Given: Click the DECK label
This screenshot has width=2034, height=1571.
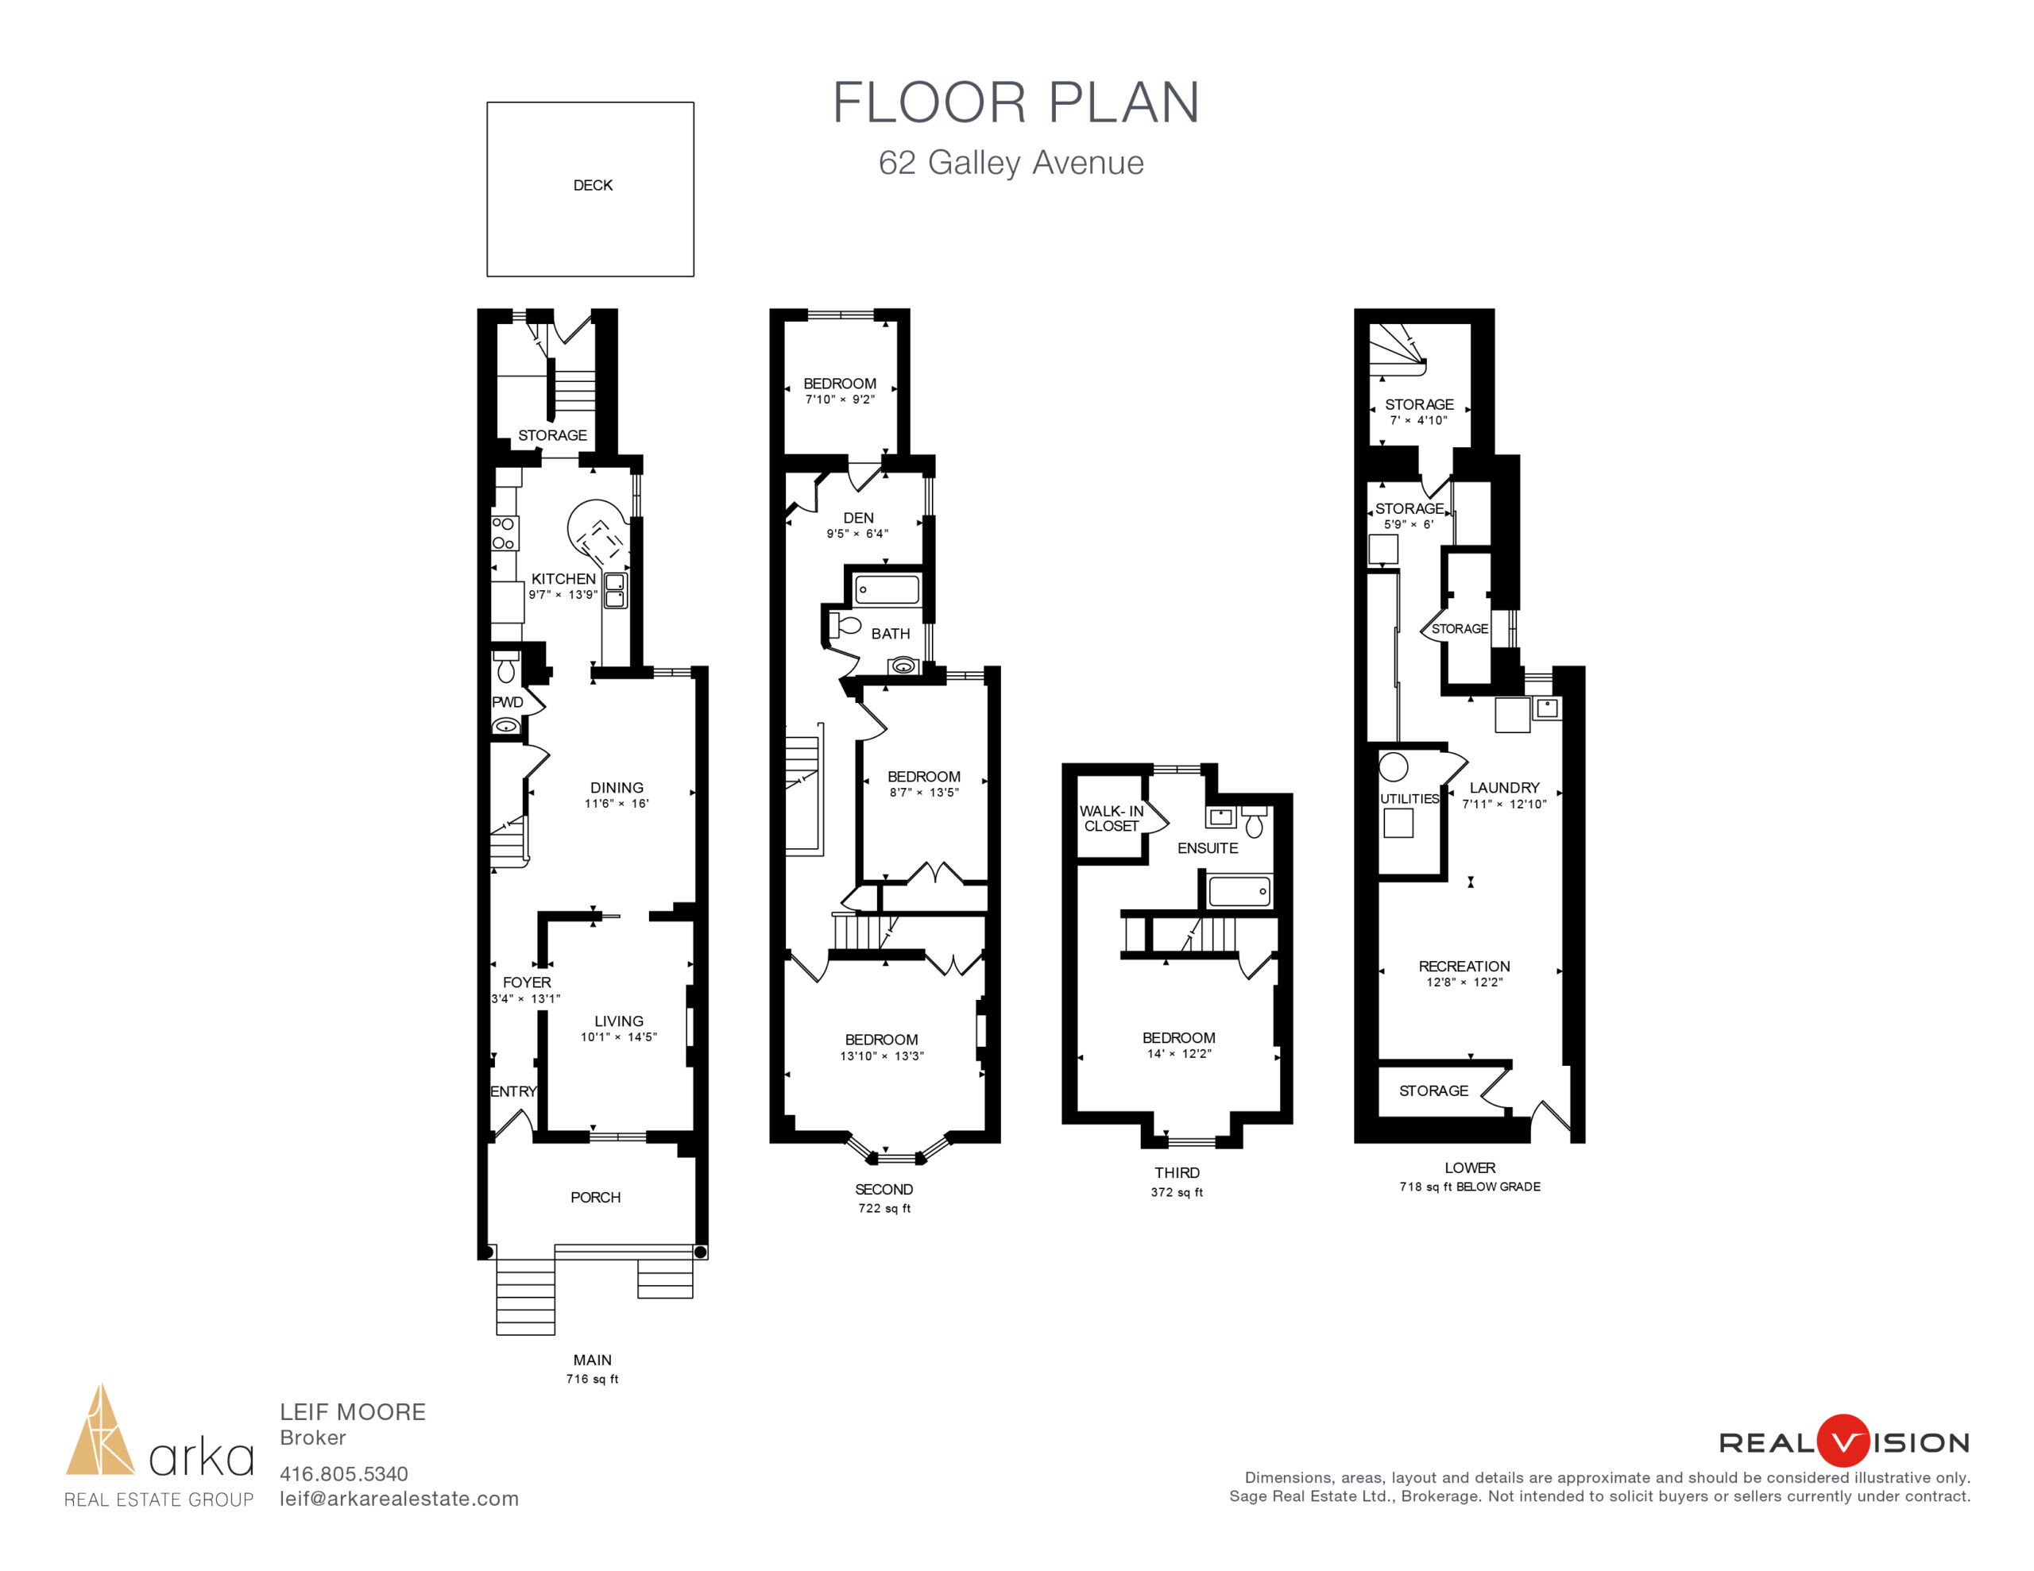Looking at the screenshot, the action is (592, 185).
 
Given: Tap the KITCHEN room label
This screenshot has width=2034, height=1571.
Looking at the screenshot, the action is (563, 579).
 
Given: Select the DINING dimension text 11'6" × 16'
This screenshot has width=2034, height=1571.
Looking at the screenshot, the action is (617, 804).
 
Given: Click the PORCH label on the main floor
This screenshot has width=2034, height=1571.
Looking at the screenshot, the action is (595, 1198).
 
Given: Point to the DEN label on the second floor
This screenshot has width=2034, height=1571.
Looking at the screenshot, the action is (859, 518).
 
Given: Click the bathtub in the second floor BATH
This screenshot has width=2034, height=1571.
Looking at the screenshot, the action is (887, 589).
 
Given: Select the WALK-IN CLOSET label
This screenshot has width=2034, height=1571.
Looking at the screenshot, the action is (1111, 819).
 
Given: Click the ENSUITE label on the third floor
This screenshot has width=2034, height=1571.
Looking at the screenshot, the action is (1208, 848).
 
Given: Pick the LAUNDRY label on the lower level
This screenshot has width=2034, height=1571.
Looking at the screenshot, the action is (1504, 788).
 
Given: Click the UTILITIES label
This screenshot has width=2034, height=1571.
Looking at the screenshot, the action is (1409, 799).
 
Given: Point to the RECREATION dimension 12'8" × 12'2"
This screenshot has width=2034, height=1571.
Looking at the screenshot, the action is (1464, 982).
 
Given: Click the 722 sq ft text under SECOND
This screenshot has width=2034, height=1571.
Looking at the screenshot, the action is (884, 1209).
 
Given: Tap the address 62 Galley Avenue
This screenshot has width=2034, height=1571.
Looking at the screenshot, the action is (1011, 163).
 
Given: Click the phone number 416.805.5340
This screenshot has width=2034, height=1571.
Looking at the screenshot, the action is (344, 1474).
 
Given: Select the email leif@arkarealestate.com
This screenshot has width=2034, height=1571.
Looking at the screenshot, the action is (399, 1500).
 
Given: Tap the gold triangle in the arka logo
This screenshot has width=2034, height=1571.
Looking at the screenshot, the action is (101, 1430).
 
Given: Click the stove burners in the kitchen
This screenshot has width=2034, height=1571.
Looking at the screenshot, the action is (504, 534).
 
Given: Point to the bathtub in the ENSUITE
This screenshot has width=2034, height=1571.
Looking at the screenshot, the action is (1239, 891).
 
